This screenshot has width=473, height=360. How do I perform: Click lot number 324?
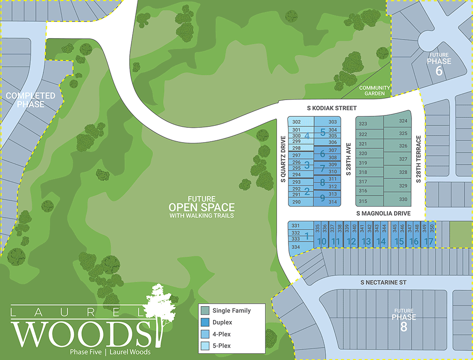point(403,121)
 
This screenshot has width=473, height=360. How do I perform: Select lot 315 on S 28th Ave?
point(363,201)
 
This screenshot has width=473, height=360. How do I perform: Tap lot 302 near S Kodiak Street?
point(296,122)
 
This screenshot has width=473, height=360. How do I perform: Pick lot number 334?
point(296,247)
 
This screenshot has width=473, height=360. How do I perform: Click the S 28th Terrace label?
point(418,159)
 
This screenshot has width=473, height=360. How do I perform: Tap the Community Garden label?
point(375,91)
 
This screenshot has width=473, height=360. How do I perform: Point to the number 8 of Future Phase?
point(404,328)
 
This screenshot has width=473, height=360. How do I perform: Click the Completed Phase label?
point(31,100)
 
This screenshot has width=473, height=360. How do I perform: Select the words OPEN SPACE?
point(201,207)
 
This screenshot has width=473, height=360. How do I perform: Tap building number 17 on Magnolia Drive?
point(428,241)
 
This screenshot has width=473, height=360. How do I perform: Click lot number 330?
point(403,199)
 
